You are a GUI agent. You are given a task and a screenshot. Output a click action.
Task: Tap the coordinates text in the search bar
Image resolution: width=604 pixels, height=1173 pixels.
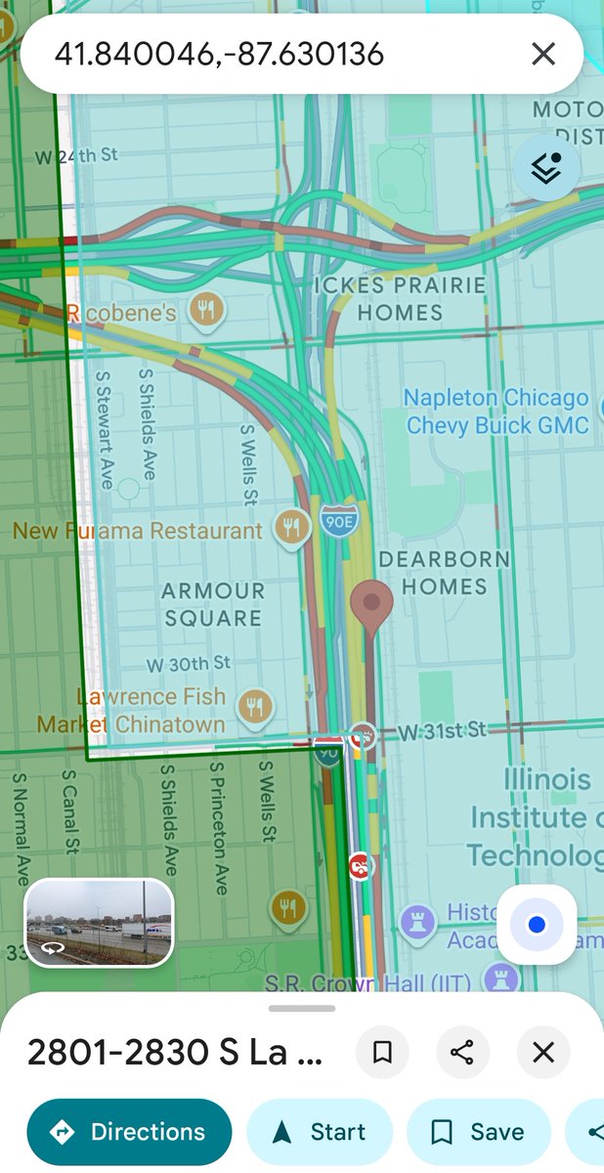coord(219,54)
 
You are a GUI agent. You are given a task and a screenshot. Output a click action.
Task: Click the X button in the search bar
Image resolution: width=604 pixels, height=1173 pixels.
coord(543,54)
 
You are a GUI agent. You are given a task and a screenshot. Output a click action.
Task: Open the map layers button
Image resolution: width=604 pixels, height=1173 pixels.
coord(547,168)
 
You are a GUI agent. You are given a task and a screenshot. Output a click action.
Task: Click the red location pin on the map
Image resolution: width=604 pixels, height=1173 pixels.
coord(371,601)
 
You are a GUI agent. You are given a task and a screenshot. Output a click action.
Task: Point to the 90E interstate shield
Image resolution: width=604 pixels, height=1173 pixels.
coord(338,522)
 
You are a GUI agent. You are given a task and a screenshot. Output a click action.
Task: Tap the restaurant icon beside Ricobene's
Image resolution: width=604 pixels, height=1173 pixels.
coord(206,311)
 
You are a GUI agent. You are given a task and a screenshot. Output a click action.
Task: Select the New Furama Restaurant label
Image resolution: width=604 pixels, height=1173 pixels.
coord(137,531)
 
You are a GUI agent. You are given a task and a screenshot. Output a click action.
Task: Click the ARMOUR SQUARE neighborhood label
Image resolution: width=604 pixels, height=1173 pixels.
coord(213,604)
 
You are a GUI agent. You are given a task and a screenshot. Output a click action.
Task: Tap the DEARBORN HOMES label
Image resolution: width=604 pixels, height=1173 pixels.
coord(444,573)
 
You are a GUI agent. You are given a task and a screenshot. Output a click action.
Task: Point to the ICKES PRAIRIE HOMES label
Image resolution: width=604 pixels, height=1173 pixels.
coord(400,299)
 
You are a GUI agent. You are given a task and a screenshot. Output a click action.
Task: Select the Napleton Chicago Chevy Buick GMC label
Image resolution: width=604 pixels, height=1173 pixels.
coord(496,412)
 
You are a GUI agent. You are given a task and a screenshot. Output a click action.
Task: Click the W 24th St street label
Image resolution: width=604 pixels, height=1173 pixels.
coord(76,155)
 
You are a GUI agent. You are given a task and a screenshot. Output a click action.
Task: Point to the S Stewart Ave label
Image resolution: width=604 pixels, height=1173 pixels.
coord(104,428)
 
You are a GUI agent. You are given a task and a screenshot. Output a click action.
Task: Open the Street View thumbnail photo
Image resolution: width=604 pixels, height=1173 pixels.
coord(99,923)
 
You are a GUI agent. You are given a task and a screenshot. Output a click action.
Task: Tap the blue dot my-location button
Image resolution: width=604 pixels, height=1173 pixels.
coord(537,925)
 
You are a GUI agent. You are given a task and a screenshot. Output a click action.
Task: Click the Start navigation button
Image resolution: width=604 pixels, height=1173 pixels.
coord(319,1132)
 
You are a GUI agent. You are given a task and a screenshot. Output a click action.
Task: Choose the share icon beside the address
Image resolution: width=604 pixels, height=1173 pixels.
coord(461,1052)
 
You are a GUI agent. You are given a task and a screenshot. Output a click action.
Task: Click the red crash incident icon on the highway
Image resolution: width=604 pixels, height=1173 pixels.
coord(361,864)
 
